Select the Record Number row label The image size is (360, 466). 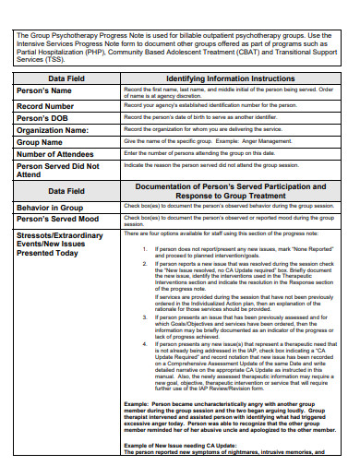coord(50,107)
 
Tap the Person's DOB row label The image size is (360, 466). coord(45,120)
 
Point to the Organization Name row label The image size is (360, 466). coord(58,132)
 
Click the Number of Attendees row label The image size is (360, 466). coord(62,155)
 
